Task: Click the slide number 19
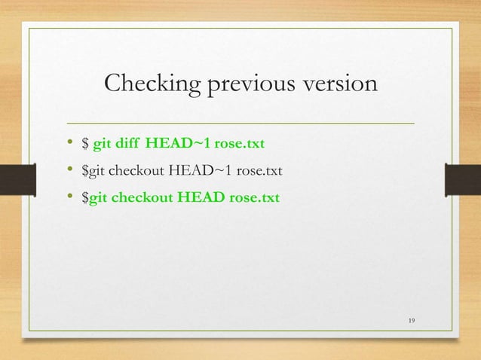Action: [x=411, y=322]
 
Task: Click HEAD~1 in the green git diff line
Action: [x=179, y=142]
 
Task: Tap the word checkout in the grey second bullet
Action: [x=137, y=170]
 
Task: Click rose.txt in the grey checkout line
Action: [x=259, y=170]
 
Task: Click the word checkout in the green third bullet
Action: [x=143, y=198]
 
